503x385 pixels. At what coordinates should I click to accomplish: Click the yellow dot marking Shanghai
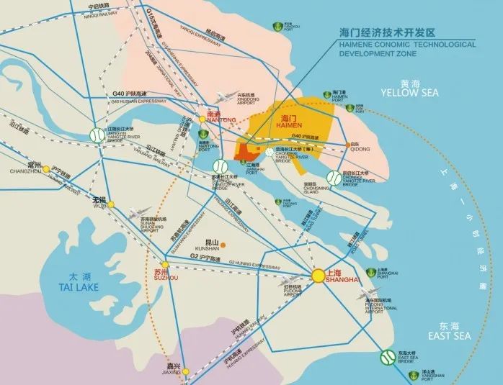click(318, 276)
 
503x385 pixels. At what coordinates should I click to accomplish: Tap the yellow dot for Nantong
click(202, 119)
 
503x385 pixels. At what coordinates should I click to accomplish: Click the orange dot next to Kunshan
click(223, 245)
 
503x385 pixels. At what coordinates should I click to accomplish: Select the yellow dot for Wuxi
click(111, 205)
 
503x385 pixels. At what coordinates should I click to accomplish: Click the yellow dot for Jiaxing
click(185, 372)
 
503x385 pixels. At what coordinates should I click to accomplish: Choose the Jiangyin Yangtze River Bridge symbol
click(94, 135)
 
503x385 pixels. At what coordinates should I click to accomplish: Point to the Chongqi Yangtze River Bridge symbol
click(334, 178)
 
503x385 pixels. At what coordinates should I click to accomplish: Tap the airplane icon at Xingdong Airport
click(224, 97)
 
